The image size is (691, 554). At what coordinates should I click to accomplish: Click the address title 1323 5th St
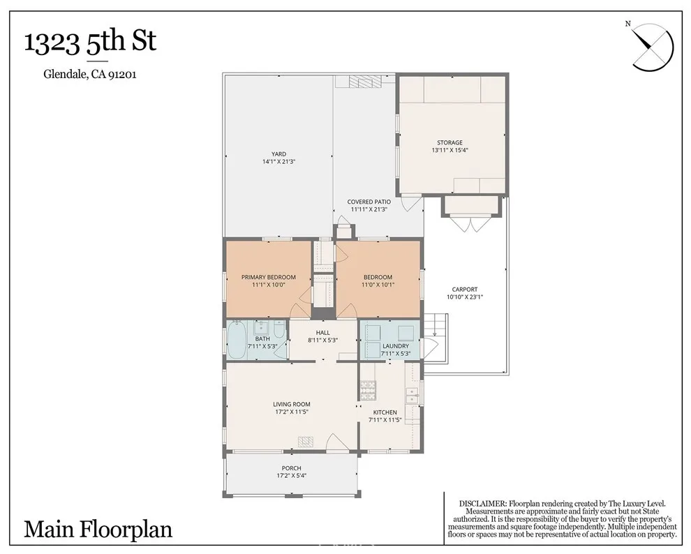tap(90, 43)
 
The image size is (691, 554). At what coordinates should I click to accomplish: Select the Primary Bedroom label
tap(268, 277)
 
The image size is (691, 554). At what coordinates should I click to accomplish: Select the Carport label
tap(464, 290)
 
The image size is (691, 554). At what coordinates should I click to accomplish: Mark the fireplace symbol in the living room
tap(306, 441)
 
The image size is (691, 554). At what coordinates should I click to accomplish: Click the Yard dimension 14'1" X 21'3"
tap(278, 162)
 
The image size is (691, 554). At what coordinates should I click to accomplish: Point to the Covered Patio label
tap(369, 202)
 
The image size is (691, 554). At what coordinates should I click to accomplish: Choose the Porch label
tap(291, 468)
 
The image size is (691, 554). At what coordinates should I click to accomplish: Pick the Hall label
tap(322, 333)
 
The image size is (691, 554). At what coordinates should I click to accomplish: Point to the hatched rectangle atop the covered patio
tap(362, 82)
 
